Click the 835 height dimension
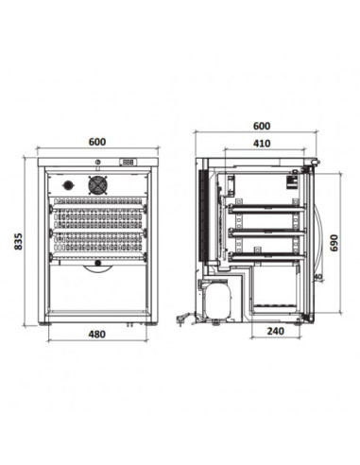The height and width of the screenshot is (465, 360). [19, 241]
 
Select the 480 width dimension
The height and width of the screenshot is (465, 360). [97, 334]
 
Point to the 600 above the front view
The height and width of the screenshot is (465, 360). [97, 142]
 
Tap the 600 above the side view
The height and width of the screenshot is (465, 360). [262, 126]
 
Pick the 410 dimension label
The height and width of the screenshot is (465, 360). [262, 144]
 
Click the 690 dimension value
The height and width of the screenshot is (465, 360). [334, 243]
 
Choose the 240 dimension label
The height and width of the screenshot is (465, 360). [276, 331]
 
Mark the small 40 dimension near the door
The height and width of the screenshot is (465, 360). [318, 277]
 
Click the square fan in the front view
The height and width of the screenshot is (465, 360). [98, 185]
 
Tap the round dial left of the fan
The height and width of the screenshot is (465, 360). [67, 185]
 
